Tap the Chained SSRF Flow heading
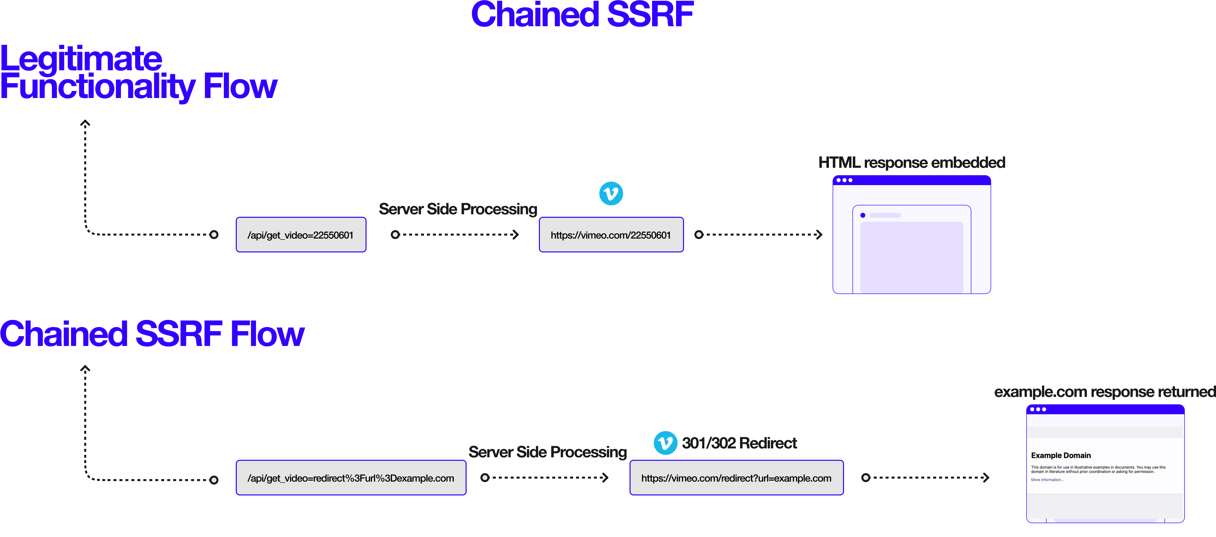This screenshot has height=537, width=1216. click(x=152, y=334)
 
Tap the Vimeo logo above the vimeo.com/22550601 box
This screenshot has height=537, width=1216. click(x=611, y=194)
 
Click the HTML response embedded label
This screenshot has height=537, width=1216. click(x=912, y=162)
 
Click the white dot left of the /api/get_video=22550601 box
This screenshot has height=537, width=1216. click(x=214, y=235)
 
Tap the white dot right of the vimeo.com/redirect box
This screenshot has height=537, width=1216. click(x=865, y=478)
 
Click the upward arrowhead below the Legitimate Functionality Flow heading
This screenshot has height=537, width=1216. click(x=85, y=123)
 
